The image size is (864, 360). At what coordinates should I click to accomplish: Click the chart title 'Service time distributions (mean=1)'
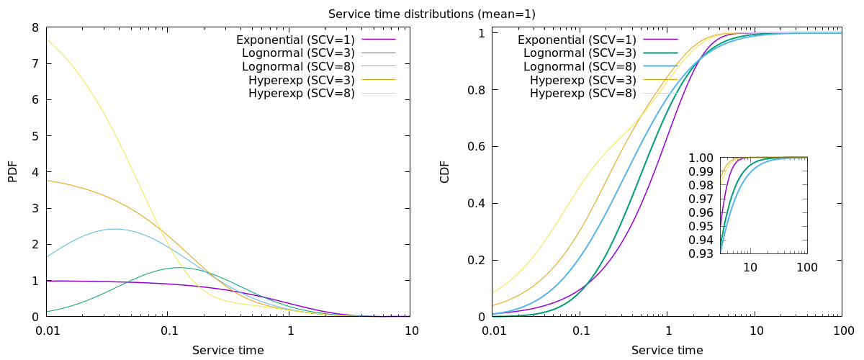431,14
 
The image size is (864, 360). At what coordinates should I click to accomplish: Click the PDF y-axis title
12,171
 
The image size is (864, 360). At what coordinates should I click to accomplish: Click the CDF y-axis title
444,171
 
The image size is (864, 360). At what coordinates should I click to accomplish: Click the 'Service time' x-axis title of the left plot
228,351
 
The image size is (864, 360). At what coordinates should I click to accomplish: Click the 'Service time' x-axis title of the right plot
667,351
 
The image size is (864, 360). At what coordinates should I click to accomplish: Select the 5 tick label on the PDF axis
35,136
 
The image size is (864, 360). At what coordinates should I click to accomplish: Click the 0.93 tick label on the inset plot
701,253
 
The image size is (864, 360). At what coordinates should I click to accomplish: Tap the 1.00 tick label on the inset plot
701,158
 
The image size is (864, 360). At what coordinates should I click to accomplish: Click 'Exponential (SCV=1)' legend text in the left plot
295,39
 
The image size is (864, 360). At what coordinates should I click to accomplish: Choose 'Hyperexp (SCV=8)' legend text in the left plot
301,94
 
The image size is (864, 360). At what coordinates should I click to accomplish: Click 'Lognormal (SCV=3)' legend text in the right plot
580,53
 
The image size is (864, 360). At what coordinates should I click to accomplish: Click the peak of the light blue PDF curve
114,229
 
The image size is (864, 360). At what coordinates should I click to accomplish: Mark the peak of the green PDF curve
179,268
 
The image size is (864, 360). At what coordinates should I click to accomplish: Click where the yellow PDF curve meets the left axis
47,40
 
